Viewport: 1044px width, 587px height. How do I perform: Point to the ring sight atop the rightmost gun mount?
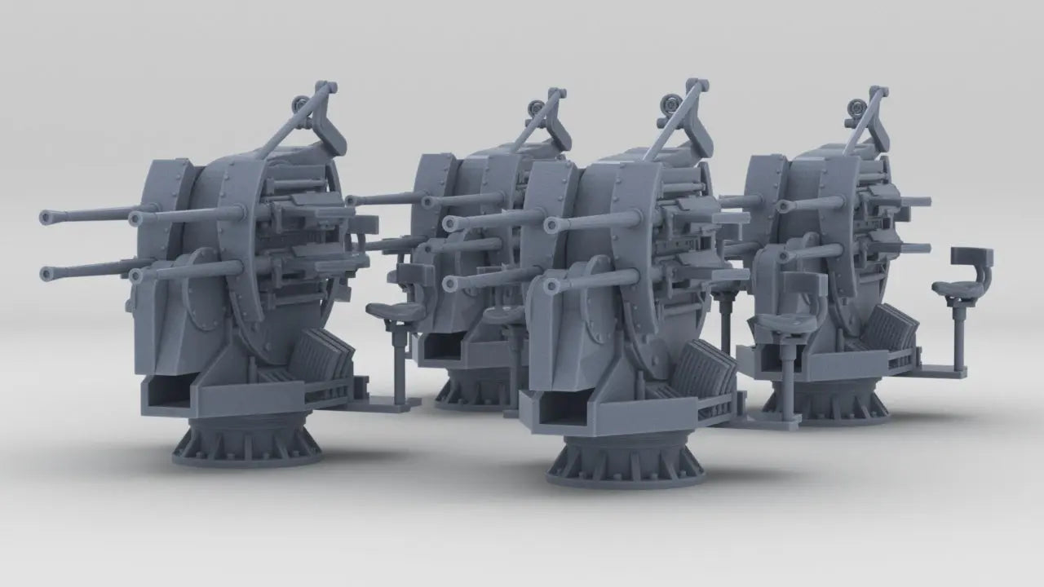click(856, 105)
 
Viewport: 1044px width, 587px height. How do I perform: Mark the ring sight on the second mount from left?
click(537, 106)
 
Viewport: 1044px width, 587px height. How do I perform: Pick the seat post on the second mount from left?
click(399, 359)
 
